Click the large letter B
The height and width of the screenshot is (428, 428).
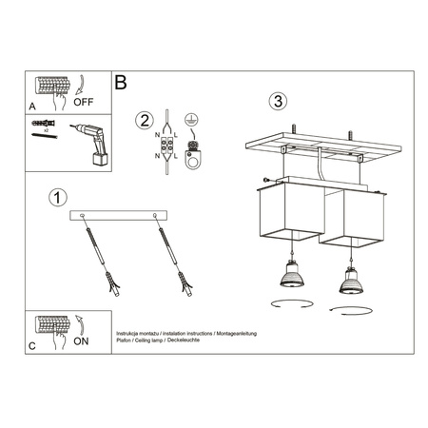coord(121,83)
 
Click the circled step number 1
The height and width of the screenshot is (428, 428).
coord(58,198)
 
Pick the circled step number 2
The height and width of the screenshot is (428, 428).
coord(144,120)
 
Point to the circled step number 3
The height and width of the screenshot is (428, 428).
coord(277,101)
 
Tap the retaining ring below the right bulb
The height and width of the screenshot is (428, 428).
coord(343,312)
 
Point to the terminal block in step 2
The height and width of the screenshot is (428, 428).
coord(167,148)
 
